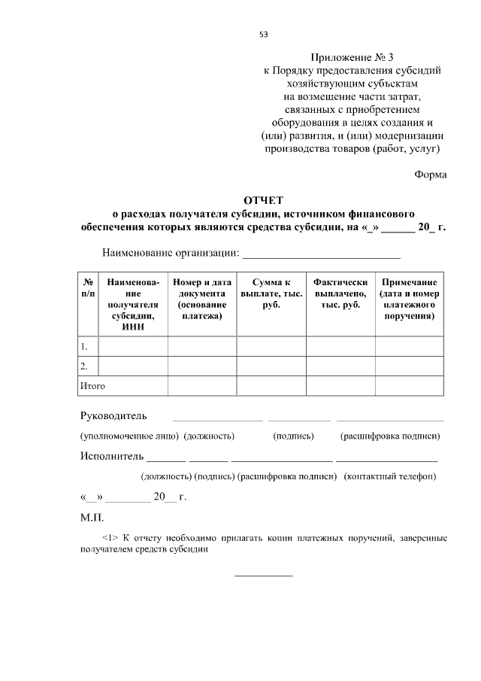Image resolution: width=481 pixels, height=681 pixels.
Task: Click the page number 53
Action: point(263,35)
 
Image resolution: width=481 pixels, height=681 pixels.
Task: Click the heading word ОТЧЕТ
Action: point(263,200)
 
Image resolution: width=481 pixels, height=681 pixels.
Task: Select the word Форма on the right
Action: point(430,175)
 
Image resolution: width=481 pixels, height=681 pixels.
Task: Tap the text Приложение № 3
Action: point(352,57)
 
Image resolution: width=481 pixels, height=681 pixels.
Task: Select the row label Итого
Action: point(93,386)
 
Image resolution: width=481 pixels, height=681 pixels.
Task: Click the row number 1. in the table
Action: point(85,346)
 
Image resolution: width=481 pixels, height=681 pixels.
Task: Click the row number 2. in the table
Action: point(85,366)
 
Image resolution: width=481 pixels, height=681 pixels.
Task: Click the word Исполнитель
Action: point(111,456)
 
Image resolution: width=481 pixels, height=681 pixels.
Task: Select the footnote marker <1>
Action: point(110,539)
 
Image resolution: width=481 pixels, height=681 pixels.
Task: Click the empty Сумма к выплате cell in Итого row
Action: point(271,386)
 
